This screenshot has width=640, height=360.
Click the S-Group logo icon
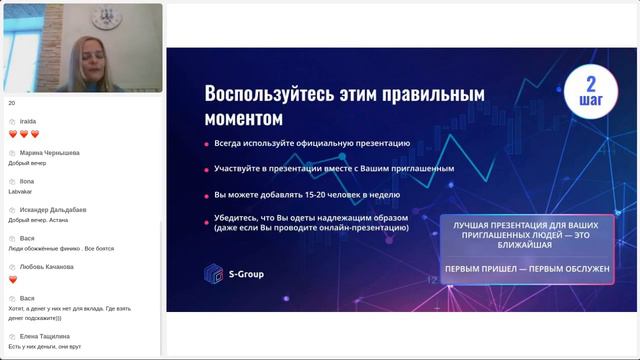(211, 272)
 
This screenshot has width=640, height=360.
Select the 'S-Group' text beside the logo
(245, 273)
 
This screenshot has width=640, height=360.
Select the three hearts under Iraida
(23, 134)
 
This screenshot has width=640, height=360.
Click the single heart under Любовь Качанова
(13, 279)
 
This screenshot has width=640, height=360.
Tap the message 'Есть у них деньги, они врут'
(44, 346)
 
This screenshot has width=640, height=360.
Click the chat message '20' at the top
(12, 103)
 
